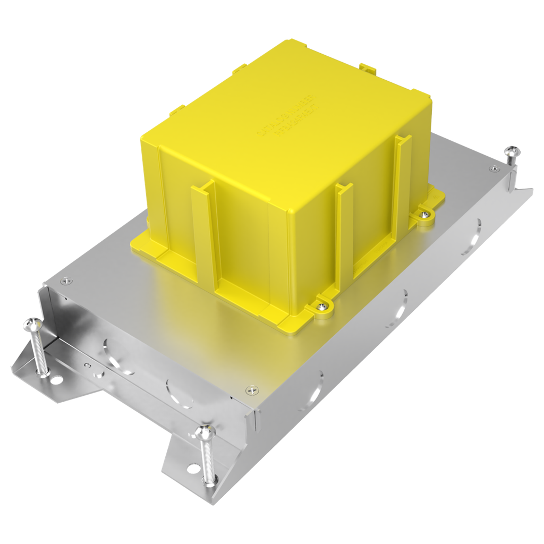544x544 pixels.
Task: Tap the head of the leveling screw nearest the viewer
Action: coord(204,431)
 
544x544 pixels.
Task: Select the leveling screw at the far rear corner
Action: coord(512,152)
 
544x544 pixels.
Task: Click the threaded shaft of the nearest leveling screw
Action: coord(208,460)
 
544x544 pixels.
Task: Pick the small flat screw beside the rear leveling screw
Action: coord(494,168)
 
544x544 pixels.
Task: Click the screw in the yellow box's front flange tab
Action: coord(321,306)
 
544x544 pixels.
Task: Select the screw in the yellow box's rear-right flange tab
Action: coord(425,214)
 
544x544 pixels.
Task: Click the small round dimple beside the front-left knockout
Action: coord(87,365)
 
